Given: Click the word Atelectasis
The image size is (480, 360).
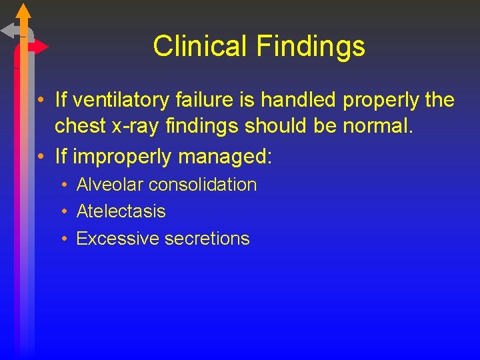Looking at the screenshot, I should tap(121, 211).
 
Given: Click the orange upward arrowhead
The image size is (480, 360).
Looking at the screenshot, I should tap(23, 11).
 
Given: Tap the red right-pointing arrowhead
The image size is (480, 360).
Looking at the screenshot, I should tap(41, 47).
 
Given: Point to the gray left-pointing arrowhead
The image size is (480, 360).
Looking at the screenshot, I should tap(8, 30).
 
